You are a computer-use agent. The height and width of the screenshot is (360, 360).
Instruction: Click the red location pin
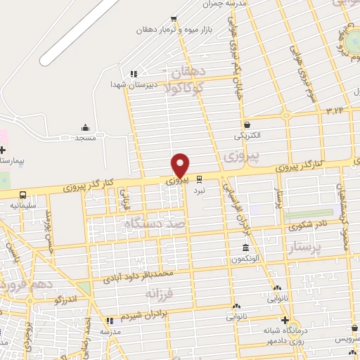(181, 165)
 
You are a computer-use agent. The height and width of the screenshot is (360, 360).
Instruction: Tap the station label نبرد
(200, 190)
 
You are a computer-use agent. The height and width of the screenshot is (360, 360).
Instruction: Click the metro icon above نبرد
(200, 179)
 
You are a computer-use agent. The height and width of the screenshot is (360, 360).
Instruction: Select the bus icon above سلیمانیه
(23, 195)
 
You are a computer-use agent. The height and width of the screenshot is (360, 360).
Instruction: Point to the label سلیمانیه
(22, 205)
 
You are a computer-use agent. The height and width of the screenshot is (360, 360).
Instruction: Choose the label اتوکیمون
(245, 259)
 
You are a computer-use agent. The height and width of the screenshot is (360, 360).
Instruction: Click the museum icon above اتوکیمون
(245, 248)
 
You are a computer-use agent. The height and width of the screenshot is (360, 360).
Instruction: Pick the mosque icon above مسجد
(86, 127)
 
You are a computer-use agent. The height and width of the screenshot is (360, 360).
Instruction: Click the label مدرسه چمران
(244, 4)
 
